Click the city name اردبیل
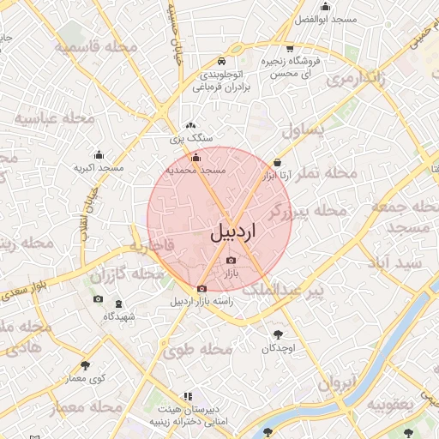[232, 232]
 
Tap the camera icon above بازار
[230, 261]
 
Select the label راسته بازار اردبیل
[201, 302]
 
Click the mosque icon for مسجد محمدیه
[195, 157]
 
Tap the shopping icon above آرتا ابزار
[277, 162]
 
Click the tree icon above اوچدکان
[278, 334]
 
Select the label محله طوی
[198, 349]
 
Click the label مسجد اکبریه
[99, 168]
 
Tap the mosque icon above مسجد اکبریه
[99, 155]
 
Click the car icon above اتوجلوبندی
[221, 62]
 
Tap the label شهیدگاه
[119, 316]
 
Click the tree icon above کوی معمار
[85, 365]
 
